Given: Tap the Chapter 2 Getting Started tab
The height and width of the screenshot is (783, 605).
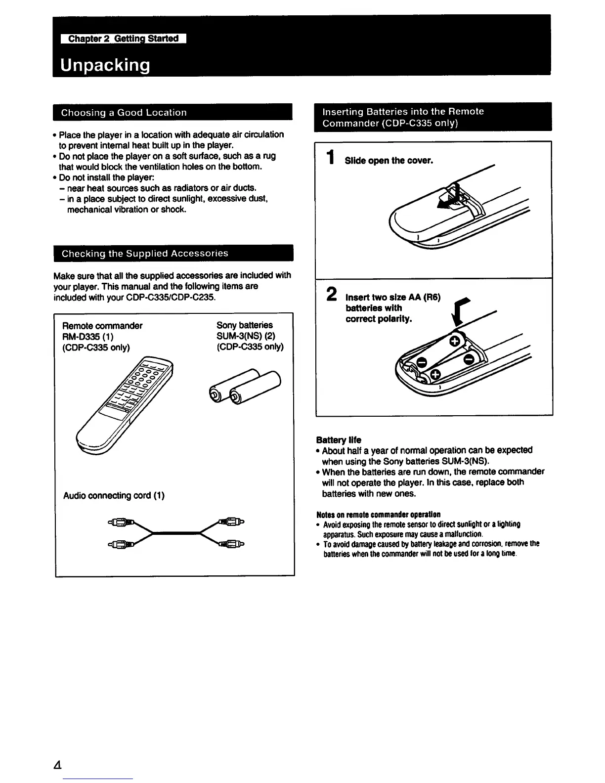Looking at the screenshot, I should click(123, 39).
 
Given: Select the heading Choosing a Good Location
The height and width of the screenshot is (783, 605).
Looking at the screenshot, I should click(124, 112).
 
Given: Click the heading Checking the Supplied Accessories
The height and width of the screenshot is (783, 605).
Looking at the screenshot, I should click(145, 254).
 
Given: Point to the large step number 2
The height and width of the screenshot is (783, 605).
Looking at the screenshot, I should click(332, 294).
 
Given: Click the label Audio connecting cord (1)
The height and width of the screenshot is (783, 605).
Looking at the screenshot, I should click(114, 495).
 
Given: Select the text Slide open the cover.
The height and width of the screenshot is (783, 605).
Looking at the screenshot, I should click(389, 161).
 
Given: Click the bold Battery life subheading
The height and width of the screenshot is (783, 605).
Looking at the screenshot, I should click(339, 439).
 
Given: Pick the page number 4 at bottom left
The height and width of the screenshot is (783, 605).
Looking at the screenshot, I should click(58, 765).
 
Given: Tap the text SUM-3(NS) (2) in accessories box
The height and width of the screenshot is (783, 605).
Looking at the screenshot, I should click(246, 336).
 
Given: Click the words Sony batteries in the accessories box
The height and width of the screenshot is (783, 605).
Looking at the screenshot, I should click(244, 325).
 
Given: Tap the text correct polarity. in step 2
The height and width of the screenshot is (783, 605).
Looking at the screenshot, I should click(378, 319).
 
